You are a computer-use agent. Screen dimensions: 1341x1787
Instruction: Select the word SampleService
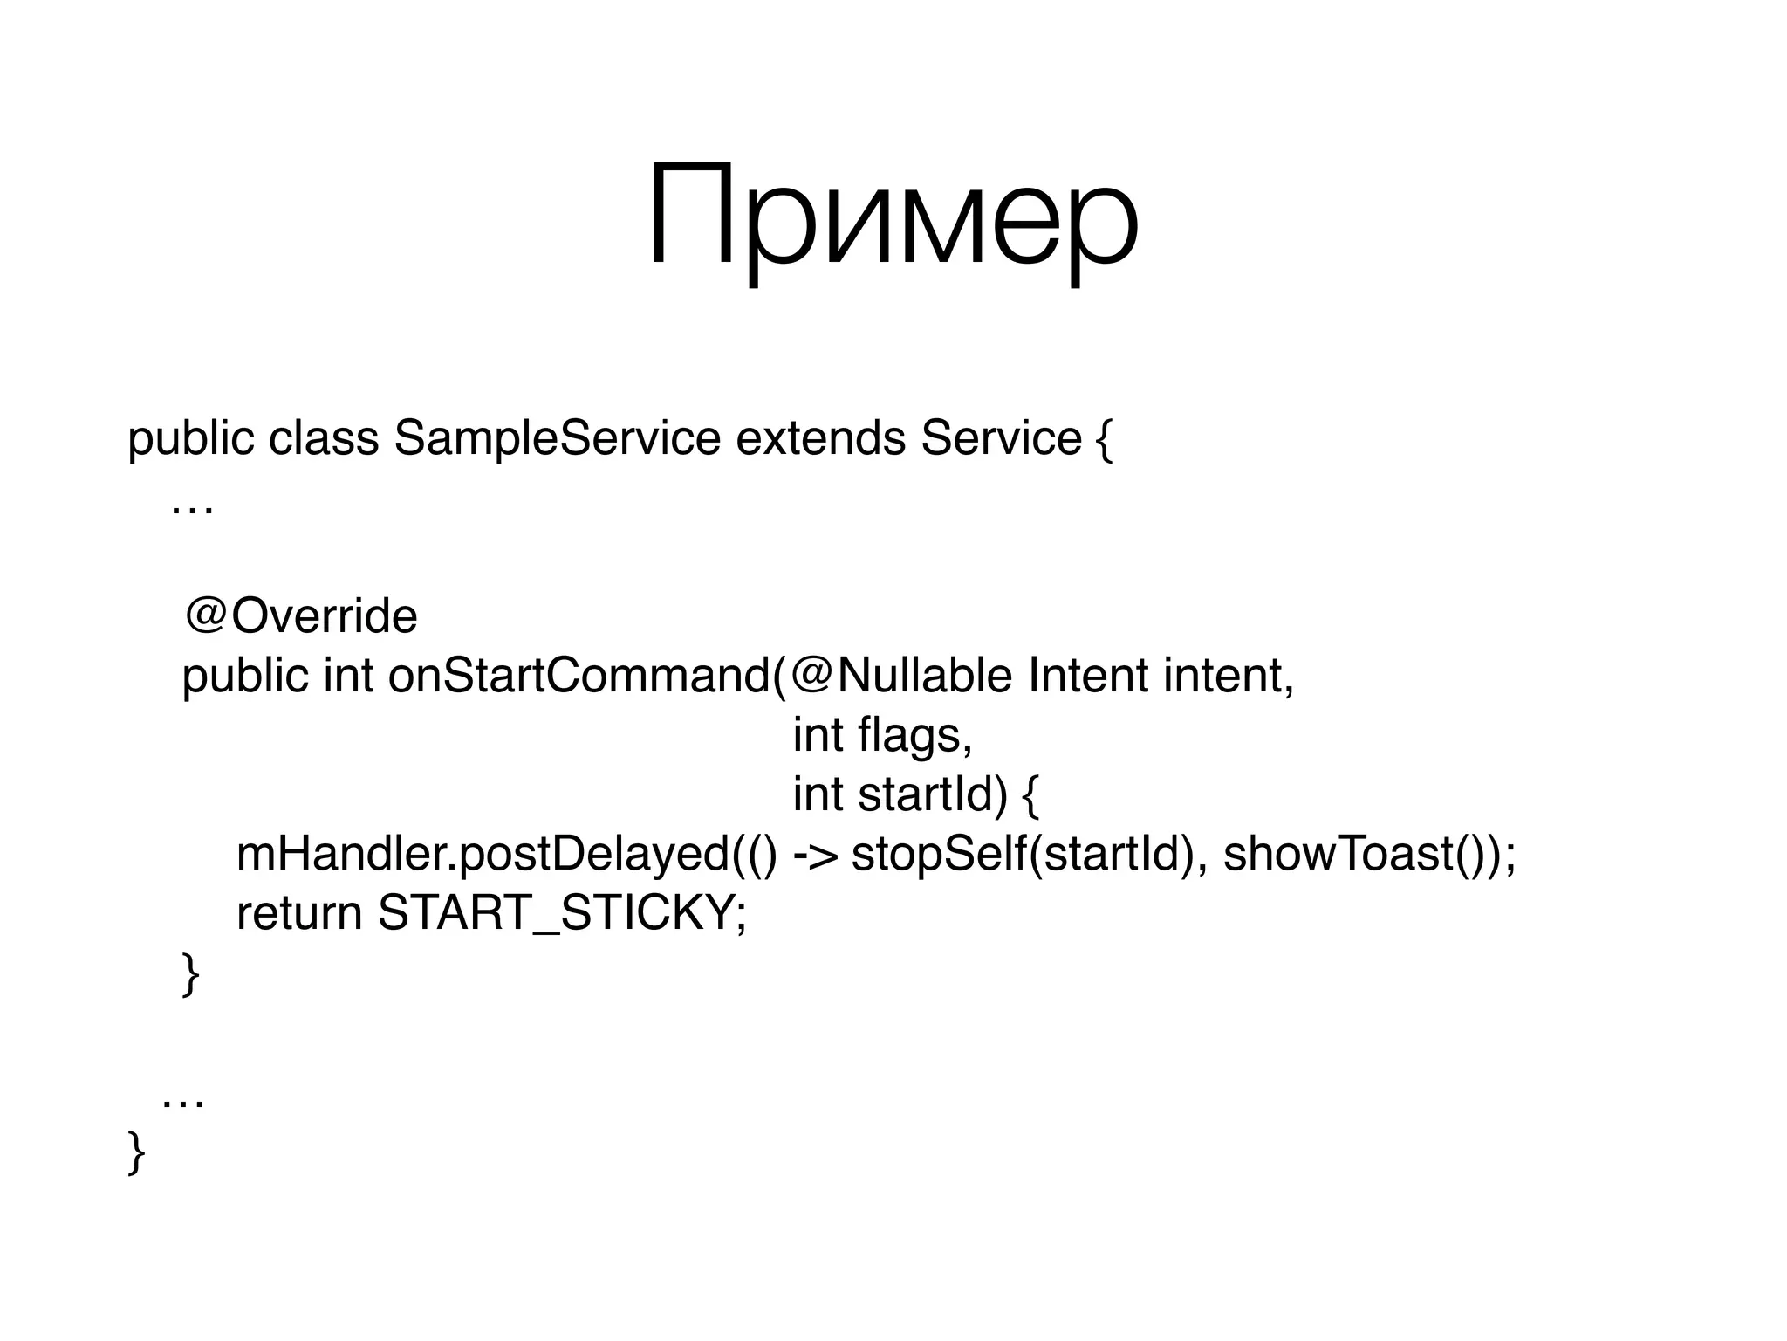pos(557,438)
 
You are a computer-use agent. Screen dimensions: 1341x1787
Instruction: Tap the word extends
pos(820,438)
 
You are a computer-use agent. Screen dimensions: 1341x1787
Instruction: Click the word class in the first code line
pos(324,438)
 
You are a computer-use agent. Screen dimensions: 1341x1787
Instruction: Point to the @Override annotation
pos(301,616)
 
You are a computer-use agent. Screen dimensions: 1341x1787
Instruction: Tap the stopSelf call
pos(938,854)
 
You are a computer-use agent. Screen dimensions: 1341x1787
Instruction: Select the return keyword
pos(299,913)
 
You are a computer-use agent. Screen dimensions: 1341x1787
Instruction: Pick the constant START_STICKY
pos(558,913)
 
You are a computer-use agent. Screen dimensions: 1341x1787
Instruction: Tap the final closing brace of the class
pos(136,1152)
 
